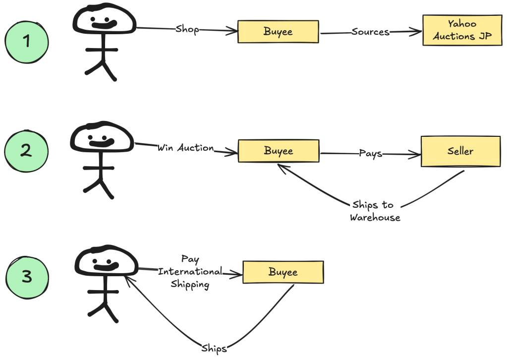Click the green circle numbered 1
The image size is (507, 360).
pyautogui.click(x=27, y=41)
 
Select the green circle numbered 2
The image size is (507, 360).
pyautogui.click(x=27, y=151)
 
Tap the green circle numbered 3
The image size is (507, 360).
pyautogui.click(x=27, y=277)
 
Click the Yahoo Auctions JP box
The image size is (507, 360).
pyautogui.click(x=461, y=30)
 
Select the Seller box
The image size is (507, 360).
pyautogui.click(x=460, y=151)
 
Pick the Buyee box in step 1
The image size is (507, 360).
pyautogui.click(x=278, y=32)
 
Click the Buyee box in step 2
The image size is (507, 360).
pyautogui.click(x=278, y=151)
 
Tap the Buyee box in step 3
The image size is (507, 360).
pyautogui.click(x=282, y=272)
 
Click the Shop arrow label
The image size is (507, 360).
pyautogui.click(x=187, y=29)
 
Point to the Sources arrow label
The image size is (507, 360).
pyautogui.click(x=370, y=32)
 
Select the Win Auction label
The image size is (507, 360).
pyautogui.click(x=185, y=148)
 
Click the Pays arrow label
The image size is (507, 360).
pyautogui.click(x=370, y=153)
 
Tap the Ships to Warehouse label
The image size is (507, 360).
pyautogui.click(x=375, y=211)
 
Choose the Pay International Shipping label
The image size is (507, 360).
pyautogui.click(x=190, y=272)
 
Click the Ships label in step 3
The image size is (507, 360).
pyautogui.click(x=214, y=348)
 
